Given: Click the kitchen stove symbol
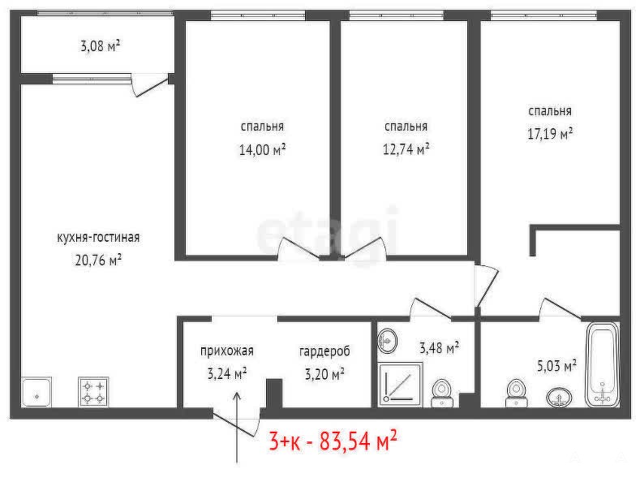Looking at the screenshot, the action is (x=93, y=391).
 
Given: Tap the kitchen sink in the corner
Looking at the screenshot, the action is (x=37, y=392).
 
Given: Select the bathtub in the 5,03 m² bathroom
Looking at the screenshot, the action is (x=603, y=365).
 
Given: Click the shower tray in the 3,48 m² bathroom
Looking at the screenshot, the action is (x=401, y=385).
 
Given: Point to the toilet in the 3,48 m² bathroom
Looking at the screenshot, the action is (x=442, y=394).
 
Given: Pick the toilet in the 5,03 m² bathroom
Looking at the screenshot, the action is (x=517, y=394).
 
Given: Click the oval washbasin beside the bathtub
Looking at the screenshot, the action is (x=559, y=397).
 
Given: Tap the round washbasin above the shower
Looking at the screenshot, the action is (x=388, y=341).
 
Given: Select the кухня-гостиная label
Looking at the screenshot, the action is (x=98, y=237).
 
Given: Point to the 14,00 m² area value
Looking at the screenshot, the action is (x=262, y=150).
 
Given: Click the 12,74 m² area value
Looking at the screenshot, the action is (x=406, y=149).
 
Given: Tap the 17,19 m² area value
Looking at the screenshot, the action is (x=550, y=134).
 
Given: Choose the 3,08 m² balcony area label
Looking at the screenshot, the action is (x=100, y=45).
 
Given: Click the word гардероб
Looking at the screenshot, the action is (x=324, y=351).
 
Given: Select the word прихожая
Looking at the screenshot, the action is (x=227, y=351).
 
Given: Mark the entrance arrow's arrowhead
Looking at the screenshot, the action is (x=237, y=396).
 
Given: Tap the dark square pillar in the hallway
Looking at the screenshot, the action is (x=274, y=394).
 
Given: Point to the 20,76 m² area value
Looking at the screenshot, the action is (x=98, y=260).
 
